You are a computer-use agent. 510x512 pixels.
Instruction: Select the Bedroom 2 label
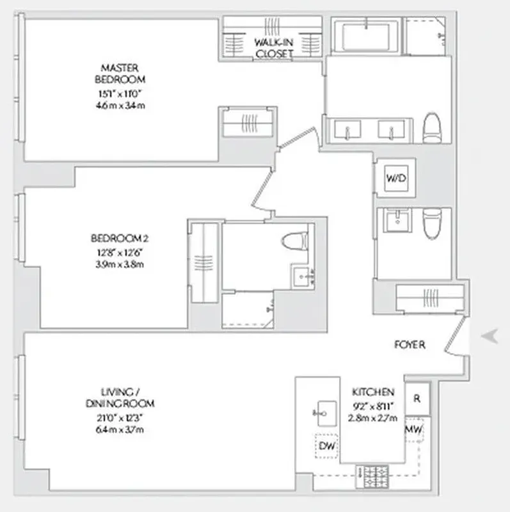(120, 239)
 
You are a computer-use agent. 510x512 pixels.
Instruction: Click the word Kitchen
(373, 392)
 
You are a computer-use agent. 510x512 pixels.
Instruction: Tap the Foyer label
(410, 344)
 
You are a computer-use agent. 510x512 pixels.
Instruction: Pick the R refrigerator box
(417, 397)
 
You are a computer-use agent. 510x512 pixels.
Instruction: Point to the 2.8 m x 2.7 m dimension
(373, 418)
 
